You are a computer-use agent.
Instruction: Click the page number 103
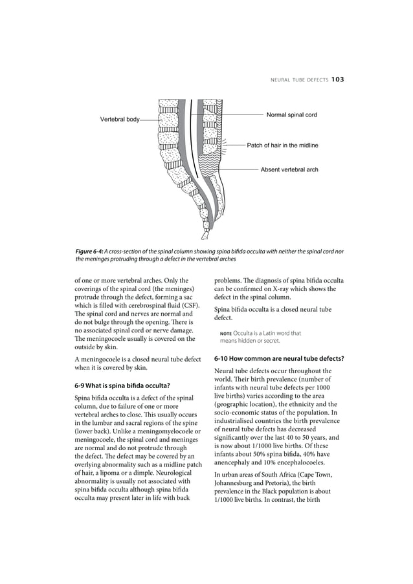(x=337, y=80)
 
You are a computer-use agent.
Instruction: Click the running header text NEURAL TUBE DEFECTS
(x=294, y=80)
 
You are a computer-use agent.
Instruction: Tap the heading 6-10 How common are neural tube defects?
(x=278, y=358)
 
